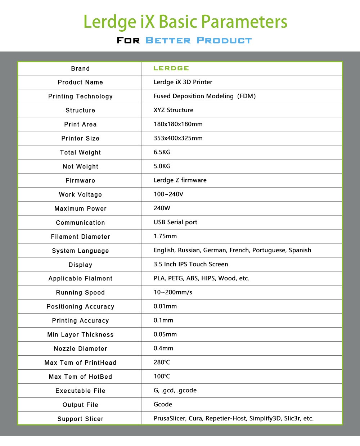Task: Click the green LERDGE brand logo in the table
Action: click(171, 68)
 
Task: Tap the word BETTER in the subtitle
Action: click(168, 40)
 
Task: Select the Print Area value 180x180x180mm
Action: click(178, 124)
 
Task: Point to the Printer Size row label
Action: click(80, 139)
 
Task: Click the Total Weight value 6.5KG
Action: click(162, 152)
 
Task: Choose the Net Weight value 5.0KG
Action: click(162, 166)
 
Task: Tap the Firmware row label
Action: click(80, 181)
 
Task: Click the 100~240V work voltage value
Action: click(168, 194)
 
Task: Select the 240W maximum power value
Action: click(162, 208)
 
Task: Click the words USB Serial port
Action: click(175, 222)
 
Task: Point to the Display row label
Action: click(80, 265)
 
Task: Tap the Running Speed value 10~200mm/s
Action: click(173, 292)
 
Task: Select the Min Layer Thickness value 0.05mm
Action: click(165, 334)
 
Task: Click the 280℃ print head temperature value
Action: click(162, 362)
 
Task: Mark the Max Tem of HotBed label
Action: click(80, 377)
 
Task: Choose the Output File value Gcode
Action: click(163, 405)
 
